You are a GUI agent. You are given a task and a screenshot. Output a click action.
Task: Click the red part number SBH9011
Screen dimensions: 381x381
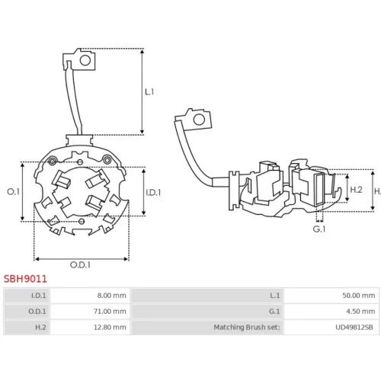click(x=25, y=279)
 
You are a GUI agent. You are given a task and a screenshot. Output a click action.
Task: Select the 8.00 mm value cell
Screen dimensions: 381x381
click(x=112, y=296)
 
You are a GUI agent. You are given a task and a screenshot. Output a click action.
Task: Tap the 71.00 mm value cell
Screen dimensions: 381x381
click(x=110, y=311)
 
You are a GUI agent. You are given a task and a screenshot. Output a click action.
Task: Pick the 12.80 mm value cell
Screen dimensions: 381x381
click(x=110, y=327)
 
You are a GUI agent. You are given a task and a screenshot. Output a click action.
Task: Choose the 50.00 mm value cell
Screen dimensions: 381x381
click(x=359, y=296)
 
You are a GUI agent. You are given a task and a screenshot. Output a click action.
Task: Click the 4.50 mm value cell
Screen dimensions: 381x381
click(x=360, y=311)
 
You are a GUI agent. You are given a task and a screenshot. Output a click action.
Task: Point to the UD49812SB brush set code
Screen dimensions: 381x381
click(x=354, y=327)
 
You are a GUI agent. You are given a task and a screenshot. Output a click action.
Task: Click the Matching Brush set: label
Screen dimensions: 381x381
click(x=247, y=327)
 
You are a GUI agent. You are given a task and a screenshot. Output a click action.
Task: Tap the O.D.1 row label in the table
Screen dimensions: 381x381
click(x=37, y=311)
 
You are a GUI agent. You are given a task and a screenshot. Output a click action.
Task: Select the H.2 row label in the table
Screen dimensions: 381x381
click(x=40, y=327)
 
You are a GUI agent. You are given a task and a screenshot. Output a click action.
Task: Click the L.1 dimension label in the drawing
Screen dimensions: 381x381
click(x=149, y=91)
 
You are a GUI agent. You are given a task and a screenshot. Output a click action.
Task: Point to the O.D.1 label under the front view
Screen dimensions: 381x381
click(x=80, y=265)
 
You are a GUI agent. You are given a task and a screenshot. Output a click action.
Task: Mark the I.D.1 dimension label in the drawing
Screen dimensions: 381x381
click(x=153, y=193)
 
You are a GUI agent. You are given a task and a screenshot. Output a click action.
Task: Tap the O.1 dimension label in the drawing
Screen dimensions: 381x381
click(x=13, y=192)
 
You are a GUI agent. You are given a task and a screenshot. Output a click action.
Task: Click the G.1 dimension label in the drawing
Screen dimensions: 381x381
click(x=319, y=229)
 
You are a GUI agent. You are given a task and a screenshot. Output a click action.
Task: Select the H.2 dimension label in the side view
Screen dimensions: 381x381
click(x=356, y=190)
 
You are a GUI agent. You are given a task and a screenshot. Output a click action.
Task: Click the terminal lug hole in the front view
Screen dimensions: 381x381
click(x=85, y=60)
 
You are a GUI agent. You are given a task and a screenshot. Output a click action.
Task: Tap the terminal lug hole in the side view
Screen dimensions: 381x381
click(x=199, y=120)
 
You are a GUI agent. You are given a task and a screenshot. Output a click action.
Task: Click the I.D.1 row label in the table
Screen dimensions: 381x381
click(x=39, y=296)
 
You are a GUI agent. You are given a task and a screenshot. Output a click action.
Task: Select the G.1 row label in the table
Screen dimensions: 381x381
click(x=274, y=311)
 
